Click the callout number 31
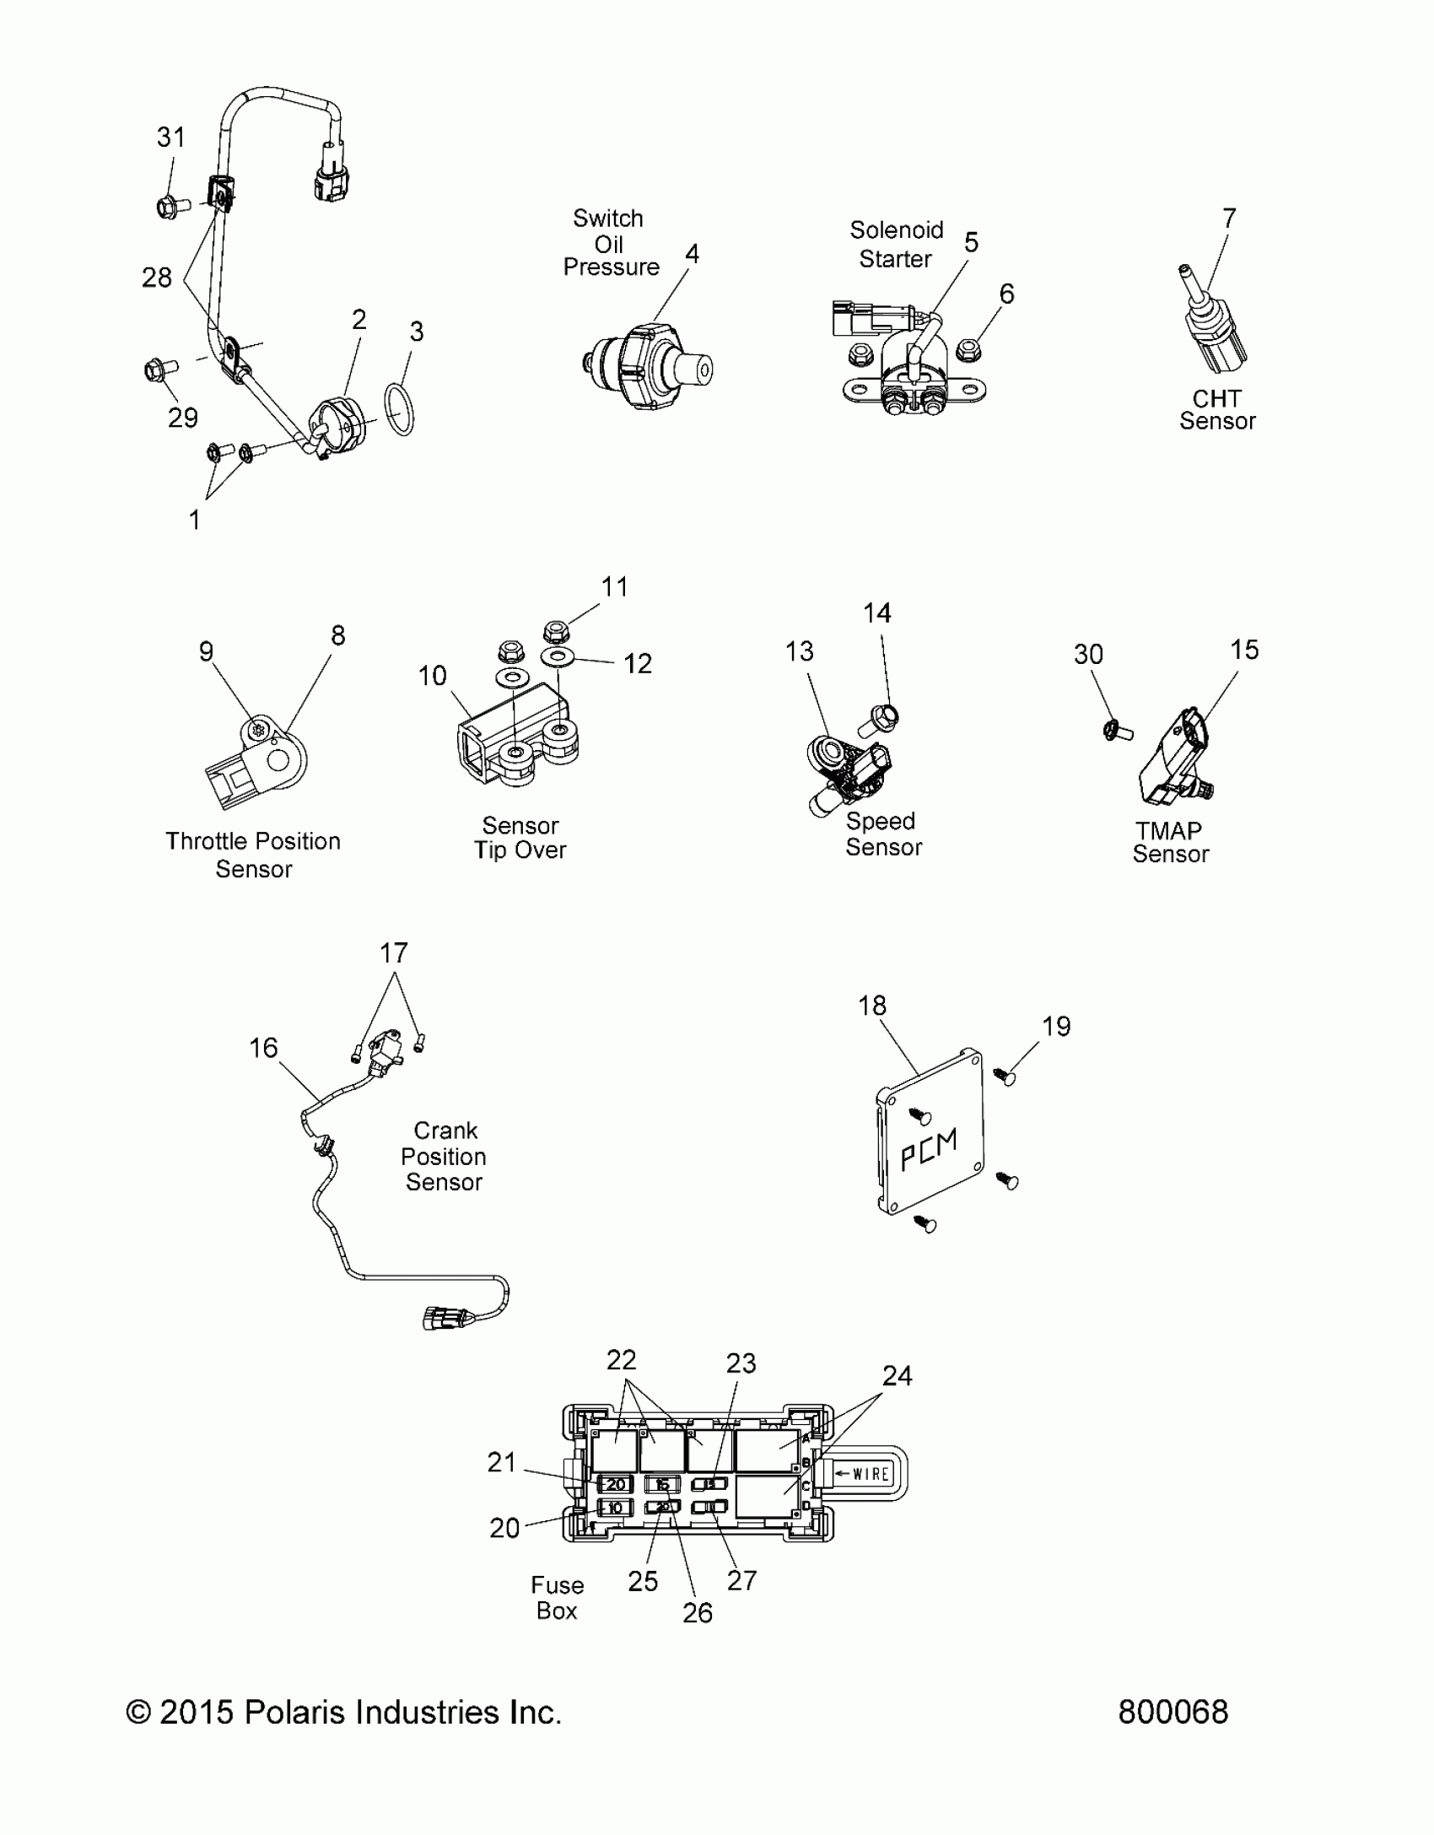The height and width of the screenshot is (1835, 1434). pyautogui.click(x=171, y=138)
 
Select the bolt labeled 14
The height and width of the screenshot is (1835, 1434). pyautogui.click(x=881, y=720)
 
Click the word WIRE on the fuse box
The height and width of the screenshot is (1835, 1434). pyautogui.click(x=871, y=1474)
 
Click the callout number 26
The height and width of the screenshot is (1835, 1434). pyautogui.click(x=698, y=1612)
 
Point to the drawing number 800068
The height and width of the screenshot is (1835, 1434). pyautogui.click(x=1173, y=1712)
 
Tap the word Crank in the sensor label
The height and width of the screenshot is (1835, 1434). pyautogui.click(x=445, y=1131)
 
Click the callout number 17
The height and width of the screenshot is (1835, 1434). pyautogui.click(x=394, y=953)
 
